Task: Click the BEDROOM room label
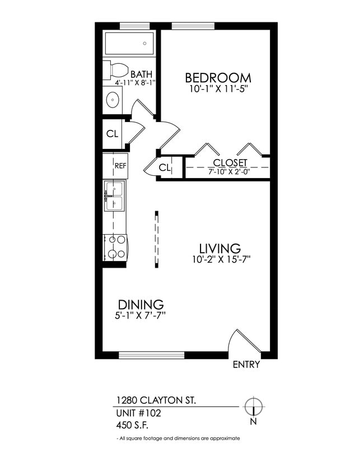click(x=218, y=77)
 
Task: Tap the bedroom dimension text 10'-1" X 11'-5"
click(x=218, y=88)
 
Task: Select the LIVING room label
click(x=220, y=248)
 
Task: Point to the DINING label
click(x=140, y=305)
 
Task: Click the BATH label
click(x=141, y=74)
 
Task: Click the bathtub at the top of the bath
click(x=129, y=43)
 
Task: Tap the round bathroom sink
click(x=112, y=101)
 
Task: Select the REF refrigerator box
click(x=120, y=166)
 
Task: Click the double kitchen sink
click(x=114, y=195)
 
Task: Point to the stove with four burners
click(x=116, y=246)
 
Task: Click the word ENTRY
click(x=246, y=365)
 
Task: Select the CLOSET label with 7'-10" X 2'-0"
click(x=230, y=163)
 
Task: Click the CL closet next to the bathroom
click(x=112, y=134)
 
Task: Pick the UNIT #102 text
click(x=138, y=413)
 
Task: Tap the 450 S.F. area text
click(x=132, y=425)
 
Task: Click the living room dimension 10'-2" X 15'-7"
click(x=220, y=259)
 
